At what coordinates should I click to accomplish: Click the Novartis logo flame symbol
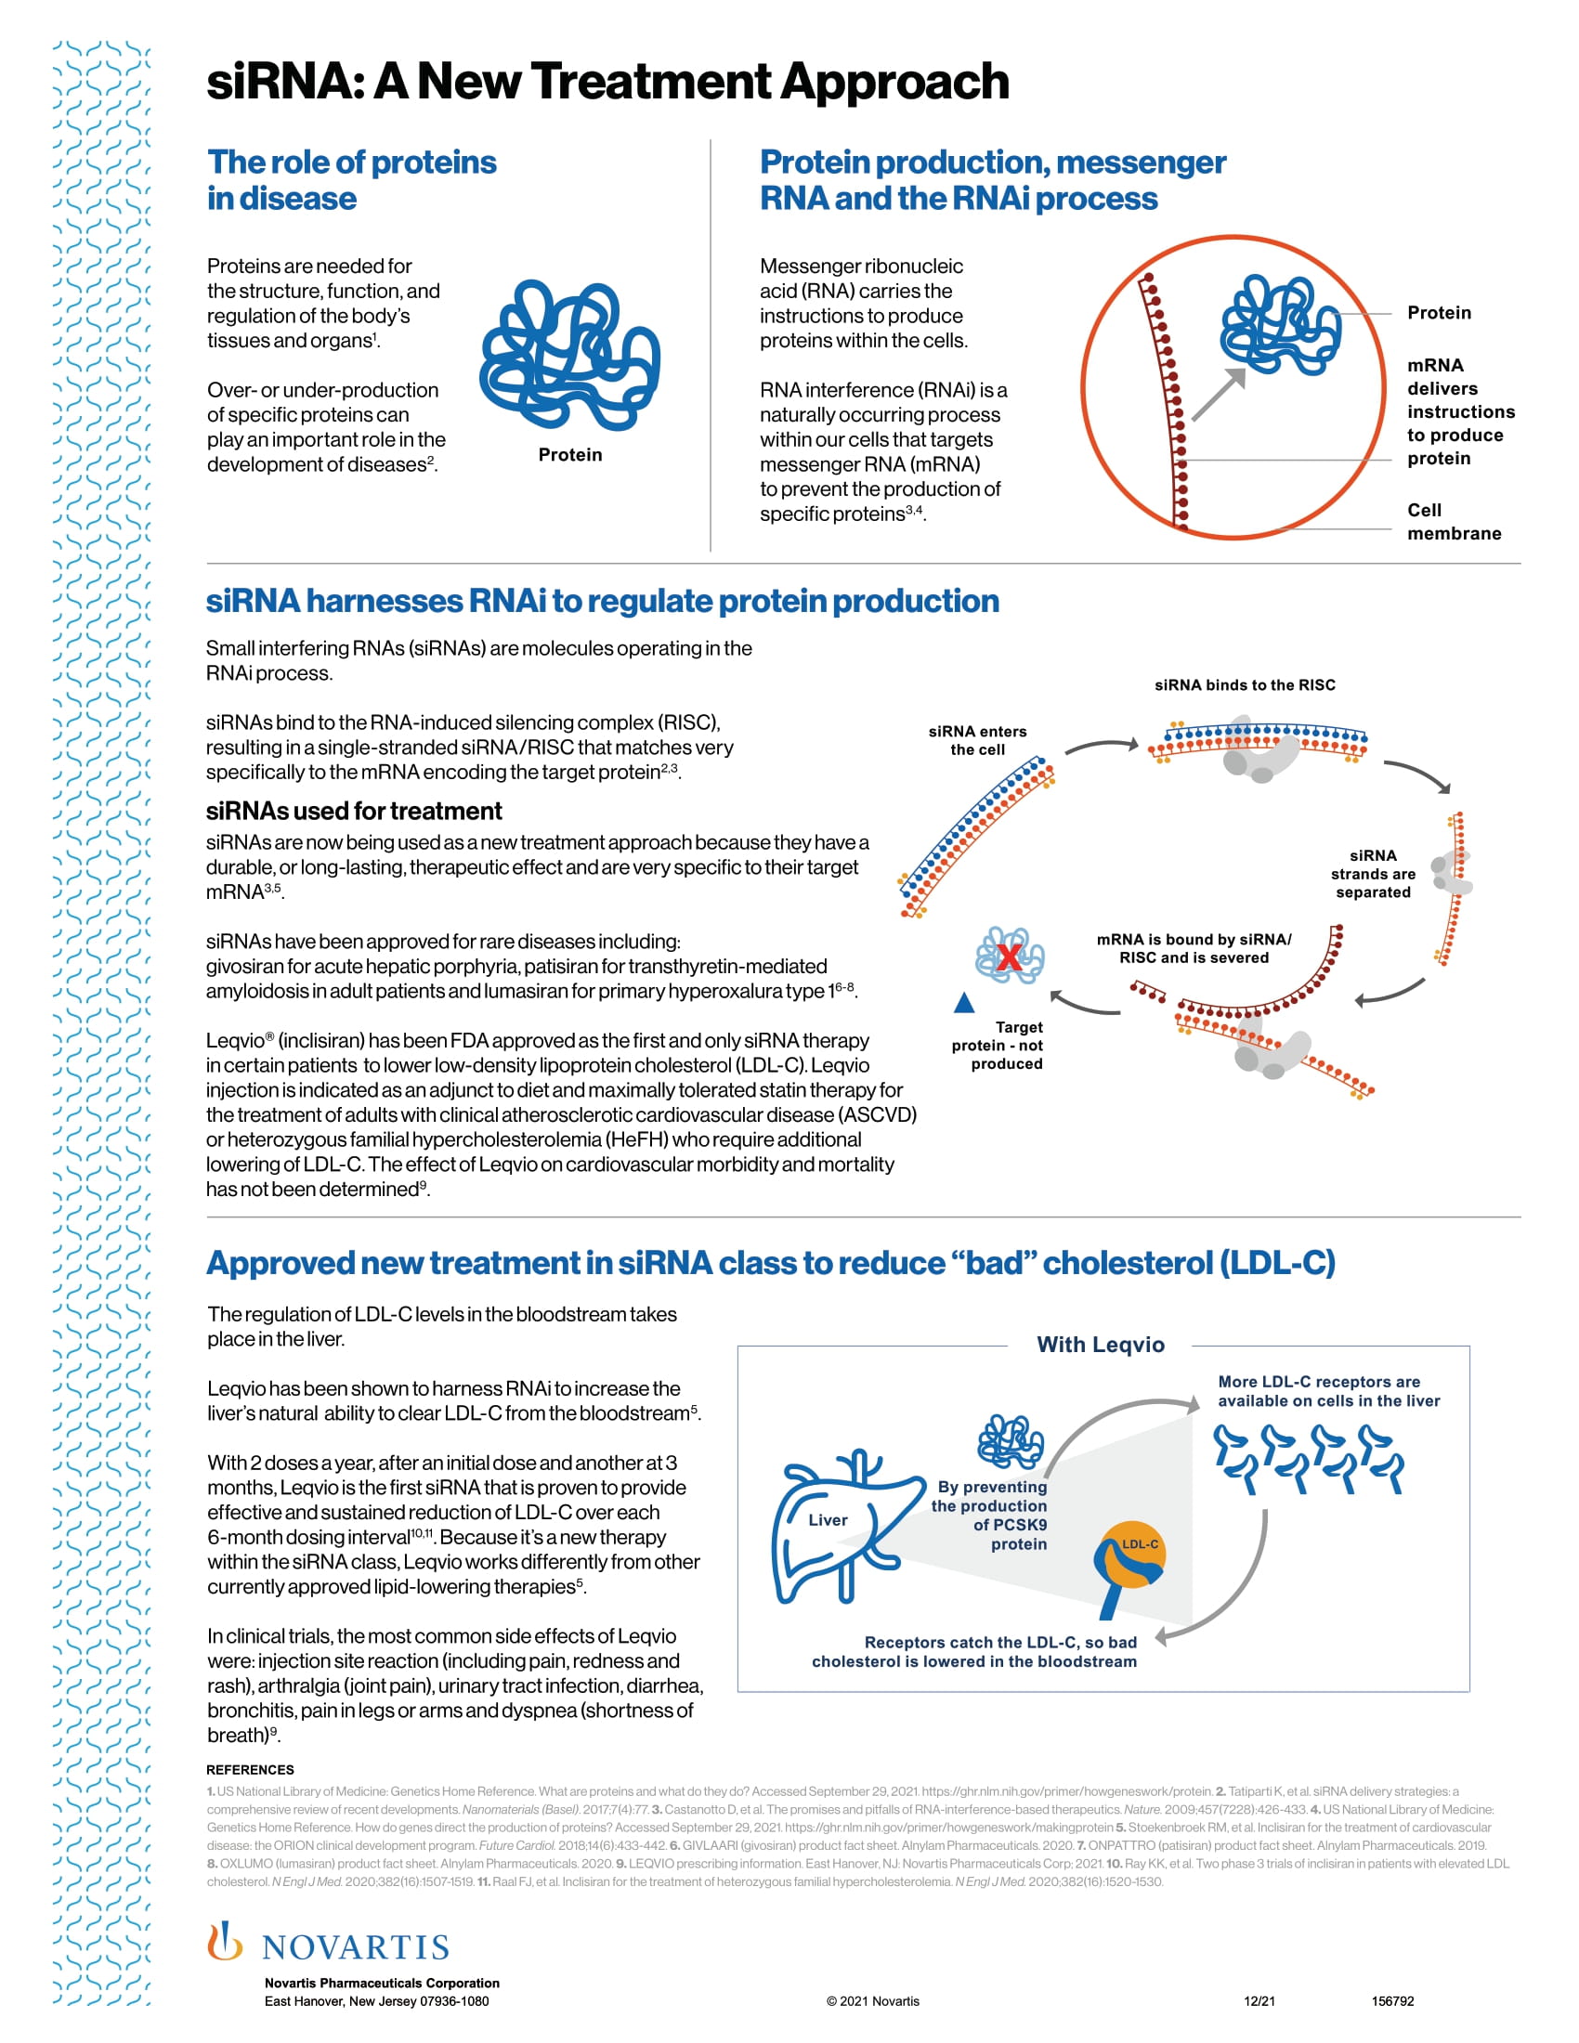[225, 1941]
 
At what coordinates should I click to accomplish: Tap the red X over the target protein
[1009, 956]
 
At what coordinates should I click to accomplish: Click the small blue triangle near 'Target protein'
[964, 1004]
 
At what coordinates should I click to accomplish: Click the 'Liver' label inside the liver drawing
[828, 1520]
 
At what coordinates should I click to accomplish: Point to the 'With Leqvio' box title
[1100, 1346]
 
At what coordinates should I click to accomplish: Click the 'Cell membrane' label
[1454, 522]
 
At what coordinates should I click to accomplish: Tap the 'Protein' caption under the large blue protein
[569, 455]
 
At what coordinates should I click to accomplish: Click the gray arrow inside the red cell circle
[1219, 394]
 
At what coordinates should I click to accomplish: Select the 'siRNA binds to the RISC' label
[1244, 684]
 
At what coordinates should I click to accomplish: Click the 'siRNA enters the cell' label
[977, 740]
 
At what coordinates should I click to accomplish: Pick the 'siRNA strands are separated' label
[1372, 874]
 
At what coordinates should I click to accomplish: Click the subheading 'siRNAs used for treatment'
[354, 811]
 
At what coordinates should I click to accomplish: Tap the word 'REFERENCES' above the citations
[250, 1770]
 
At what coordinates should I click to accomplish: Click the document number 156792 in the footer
[1392, 2001]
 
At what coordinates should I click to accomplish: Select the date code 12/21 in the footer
[1259, 2001]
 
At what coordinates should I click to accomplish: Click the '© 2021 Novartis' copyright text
[873, 2001]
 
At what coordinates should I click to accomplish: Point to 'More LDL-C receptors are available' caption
[1327, 1391]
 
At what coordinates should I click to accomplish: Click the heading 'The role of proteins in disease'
[352, 179]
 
